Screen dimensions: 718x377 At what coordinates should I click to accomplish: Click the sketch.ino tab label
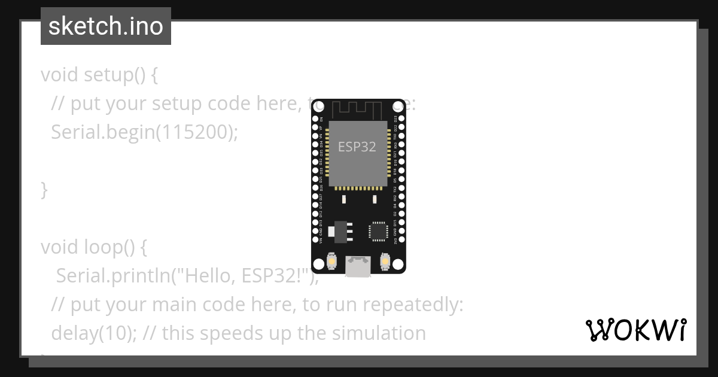pyautogui.click(x=106, y=27)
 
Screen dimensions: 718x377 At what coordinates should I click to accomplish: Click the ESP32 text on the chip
pyautogui.click(x=357, y=147)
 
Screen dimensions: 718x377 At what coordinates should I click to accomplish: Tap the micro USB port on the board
pyautogui.click(x=358, y=267)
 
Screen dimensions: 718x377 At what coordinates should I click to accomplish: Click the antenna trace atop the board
pyautogui.click(x=357, y=110)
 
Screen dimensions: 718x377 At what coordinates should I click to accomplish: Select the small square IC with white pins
pyautogui.click(x=378, y=230)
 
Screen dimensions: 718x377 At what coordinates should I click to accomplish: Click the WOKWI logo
pyautogui.click(x=636, y=330)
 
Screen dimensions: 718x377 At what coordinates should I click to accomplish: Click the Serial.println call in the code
pyautogui.click(x=114, y=275)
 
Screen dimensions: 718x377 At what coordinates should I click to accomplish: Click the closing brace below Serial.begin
pyautogui.click(x=44, y=190)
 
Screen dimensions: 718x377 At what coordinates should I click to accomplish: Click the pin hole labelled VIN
pyautogui.click(x=315, y=240)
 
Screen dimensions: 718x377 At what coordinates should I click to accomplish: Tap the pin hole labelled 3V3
pyautogui.click(x=401, y=240)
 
